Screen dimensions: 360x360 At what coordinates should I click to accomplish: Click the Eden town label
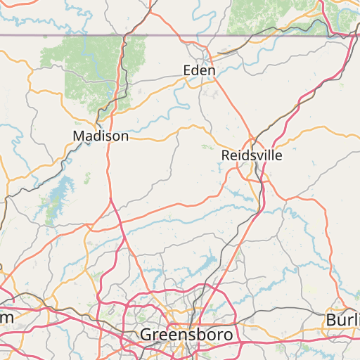tap(199, 70)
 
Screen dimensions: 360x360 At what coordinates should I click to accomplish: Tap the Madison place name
tap(101, 136)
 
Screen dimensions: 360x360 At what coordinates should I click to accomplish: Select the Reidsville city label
tap(251, 155)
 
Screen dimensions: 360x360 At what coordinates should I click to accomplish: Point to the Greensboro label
tap(186, 334)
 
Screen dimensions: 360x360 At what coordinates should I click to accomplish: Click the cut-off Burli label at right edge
tap(342, 320)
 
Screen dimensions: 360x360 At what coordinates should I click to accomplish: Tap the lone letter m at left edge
tap(6, 318)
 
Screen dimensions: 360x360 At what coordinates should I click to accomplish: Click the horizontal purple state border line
tap(176, 35)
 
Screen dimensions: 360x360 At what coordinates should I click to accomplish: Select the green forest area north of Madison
tap(84, 70)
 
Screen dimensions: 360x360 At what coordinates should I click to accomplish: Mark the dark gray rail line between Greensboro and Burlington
tap(281, 309)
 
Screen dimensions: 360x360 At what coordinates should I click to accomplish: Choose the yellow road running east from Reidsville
tap(309, 130)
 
